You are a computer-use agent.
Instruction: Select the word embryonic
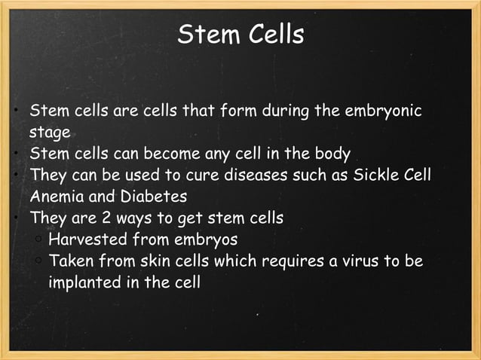click(384, 113)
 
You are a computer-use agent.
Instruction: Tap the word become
click(171, 155)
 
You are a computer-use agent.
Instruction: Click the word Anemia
click(56, 197)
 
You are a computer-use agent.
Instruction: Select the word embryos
click(204, 240)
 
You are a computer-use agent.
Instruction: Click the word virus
click(347, 261)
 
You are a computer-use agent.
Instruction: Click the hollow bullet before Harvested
click(37, 240)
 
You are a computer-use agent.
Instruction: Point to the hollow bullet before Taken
click(37, 261)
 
